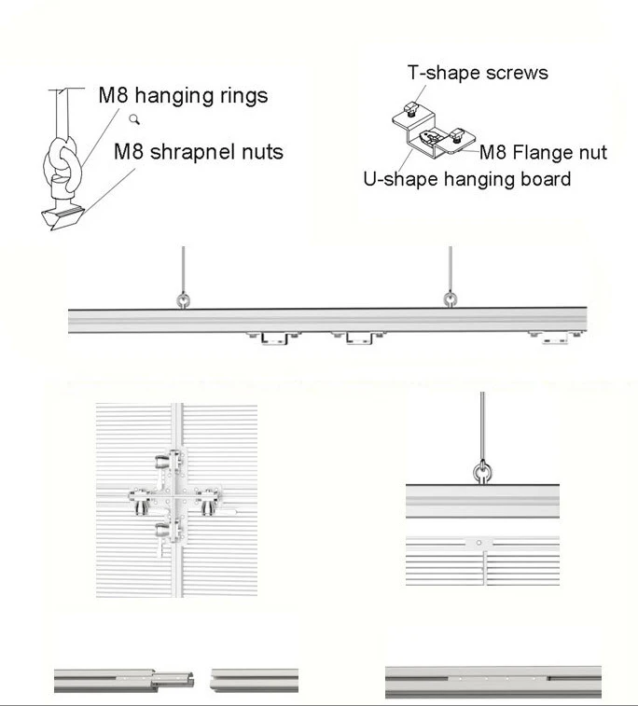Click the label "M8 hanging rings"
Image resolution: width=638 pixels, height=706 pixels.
(x=183, y=95)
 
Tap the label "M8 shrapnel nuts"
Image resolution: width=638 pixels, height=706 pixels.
(x=198, y=151)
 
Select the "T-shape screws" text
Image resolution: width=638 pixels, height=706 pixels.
(x=478, y=73)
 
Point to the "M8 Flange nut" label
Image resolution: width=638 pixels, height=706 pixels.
(x=543, y=152)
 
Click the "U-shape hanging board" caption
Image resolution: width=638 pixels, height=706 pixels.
(x=466, y=178)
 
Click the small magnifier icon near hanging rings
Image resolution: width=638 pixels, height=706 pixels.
(x=136, y=118)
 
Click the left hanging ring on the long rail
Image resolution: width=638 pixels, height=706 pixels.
(x=182, y=299)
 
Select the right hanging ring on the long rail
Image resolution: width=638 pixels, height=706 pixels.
(x=451, y=299)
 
